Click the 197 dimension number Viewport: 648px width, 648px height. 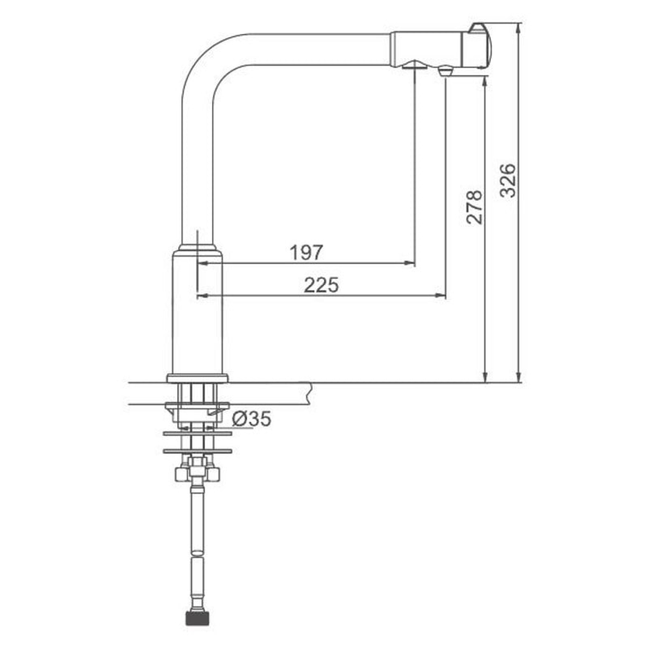(x=306, y=253)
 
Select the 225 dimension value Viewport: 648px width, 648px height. (x=321, y=285)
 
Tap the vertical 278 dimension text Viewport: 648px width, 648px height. (x=474, y=207)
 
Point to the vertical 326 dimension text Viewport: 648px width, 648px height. (x=507, y=180)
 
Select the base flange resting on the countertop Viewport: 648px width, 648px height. (x=198, y=378)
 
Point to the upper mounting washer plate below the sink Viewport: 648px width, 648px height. (x=198, y=434)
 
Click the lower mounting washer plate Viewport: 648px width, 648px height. (x=198, y=451)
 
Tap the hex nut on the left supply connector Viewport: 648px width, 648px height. (x=180, y=474)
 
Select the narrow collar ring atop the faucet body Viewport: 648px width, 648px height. (x=198, y=248)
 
